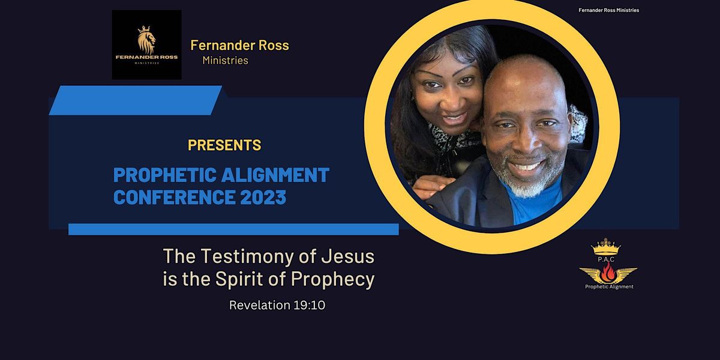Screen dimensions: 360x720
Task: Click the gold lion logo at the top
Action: tap(146, 42)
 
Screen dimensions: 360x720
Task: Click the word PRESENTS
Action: tap(224, 145)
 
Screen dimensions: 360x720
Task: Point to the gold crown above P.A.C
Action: tap(605, 246)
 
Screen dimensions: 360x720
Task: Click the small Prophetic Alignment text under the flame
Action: tap(609, 287)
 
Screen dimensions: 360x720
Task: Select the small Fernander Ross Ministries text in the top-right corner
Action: tap(608, 10)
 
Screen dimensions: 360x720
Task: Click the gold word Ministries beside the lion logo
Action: tap(225, 60)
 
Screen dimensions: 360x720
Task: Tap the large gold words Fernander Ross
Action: tap(239, 45)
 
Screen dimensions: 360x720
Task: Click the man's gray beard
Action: tap(523, 180)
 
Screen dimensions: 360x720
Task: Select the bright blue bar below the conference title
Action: tap(233, 229)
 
